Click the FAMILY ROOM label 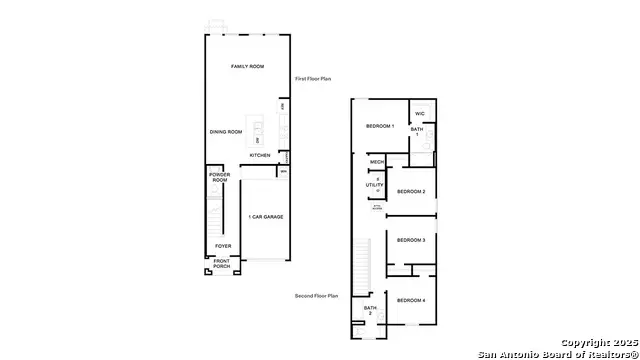[249, 66]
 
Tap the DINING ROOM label [226, 132]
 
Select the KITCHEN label [260, 155]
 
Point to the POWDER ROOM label [220, 177]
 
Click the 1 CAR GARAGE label [265, 216]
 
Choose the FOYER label [223, 246]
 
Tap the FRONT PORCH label [221, 264]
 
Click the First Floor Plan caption [314, 78]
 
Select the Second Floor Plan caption [317, 296]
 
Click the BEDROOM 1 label [380, 126]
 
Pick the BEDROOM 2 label [411, 191]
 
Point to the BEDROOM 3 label [411, 240]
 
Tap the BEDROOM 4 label [410, 301]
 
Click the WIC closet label [421, 113]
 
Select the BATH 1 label [417, 131]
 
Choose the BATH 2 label [370, 310]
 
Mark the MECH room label [377, 162]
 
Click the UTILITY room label [375, 185]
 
